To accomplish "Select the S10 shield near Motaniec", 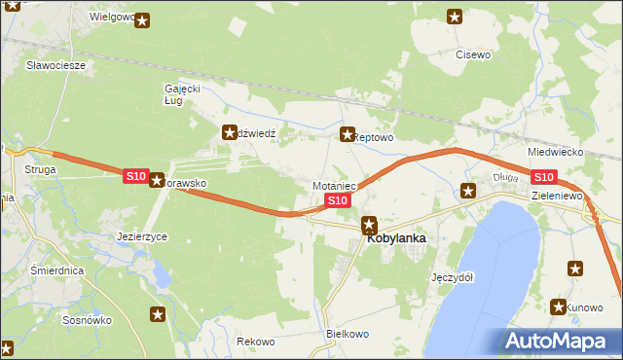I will click(337, 200).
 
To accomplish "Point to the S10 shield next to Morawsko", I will click(135, 176).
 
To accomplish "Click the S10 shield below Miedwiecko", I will click(543, 176).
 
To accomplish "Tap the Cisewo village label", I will click(473, 55).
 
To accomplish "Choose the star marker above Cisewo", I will click(455, 16).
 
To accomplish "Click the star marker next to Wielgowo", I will click(143, 19).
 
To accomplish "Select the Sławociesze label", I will click(56, 65).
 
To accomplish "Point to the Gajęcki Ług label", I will click(182, 94).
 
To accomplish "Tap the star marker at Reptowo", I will click(347, 134).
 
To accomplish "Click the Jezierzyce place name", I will click(142, 236).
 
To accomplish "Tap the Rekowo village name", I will click(256, 342).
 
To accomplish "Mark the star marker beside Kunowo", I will click(559, 306).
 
